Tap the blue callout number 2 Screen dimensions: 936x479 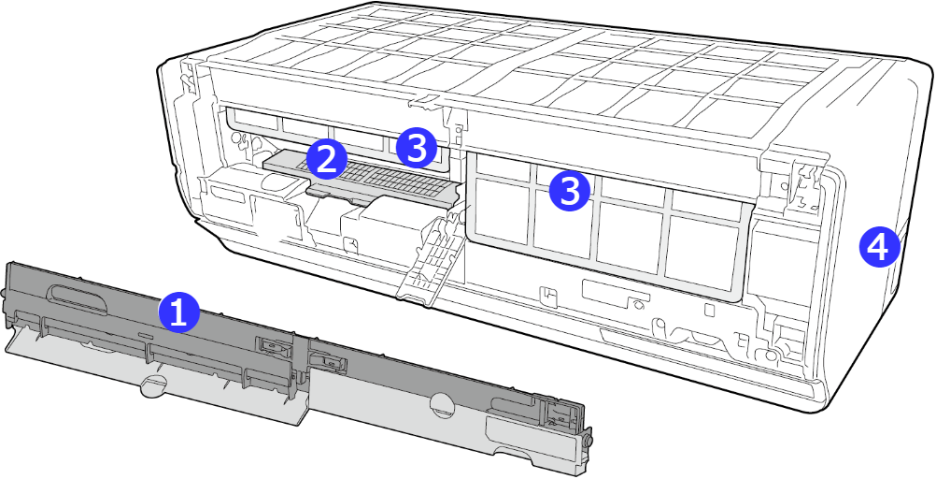click(x=327, y=158)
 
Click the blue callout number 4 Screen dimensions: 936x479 click(x=879, y=248)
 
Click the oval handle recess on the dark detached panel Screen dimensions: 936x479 click(x=78, y=297)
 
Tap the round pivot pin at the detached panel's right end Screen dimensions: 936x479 click(x=589, y=440)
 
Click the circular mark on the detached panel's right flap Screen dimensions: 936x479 click(x=443, y=403)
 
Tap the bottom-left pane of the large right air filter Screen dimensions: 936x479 click(x=501, y=213)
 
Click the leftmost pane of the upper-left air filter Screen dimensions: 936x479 click(x=253, y=120)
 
